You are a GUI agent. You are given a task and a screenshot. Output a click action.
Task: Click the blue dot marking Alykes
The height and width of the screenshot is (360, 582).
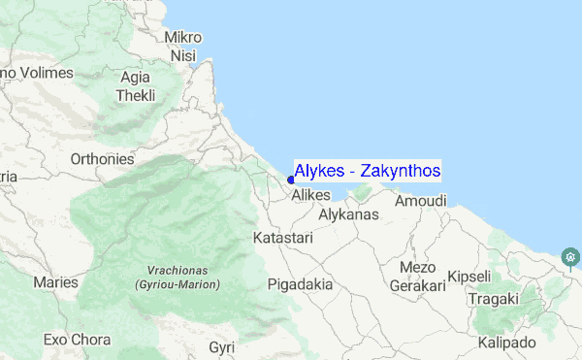coord(291,179)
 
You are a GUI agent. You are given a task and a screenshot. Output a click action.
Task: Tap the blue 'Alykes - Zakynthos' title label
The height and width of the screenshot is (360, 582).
coord(368,171)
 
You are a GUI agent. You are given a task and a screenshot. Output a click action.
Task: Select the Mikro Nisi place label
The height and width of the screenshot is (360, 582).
coord(183,47)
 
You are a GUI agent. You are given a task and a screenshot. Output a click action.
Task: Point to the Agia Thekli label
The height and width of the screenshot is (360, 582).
coord(136,86)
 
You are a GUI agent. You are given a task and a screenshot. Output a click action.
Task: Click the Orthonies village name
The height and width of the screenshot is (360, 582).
coord(102,159)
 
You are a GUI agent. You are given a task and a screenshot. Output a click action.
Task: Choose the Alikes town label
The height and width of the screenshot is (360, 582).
coord(311,195)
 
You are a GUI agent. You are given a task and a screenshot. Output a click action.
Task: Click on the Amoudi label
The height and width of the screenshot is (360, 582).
coord(421,201)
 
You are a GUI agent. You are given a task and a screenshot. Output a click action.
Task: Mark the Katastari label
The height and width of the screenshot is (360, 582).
coord(282,237)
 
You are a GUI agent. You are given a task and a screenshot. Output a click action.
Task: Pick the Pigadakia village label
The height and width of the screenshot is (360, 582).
coord(300,285)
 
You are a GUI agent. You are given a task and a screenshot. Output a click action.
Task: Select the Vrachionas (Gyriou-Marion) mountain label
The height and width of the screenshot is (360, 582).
coord(177,278)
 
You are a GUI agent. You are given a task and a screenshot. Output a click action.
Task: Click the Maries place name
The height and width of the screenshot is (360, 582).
coord(55,282)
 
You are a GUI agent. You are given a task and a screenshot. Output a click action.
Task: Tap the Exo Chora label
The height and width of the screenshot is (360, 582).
coord(77,341)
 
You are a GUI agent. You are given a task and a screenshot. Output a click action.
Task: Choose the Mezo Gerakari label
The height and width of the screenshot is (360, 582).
coord(417,277)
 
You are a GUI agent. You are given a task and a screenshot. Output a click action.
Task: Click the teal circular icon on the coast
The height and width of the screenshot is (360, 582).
coord(571,257)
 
